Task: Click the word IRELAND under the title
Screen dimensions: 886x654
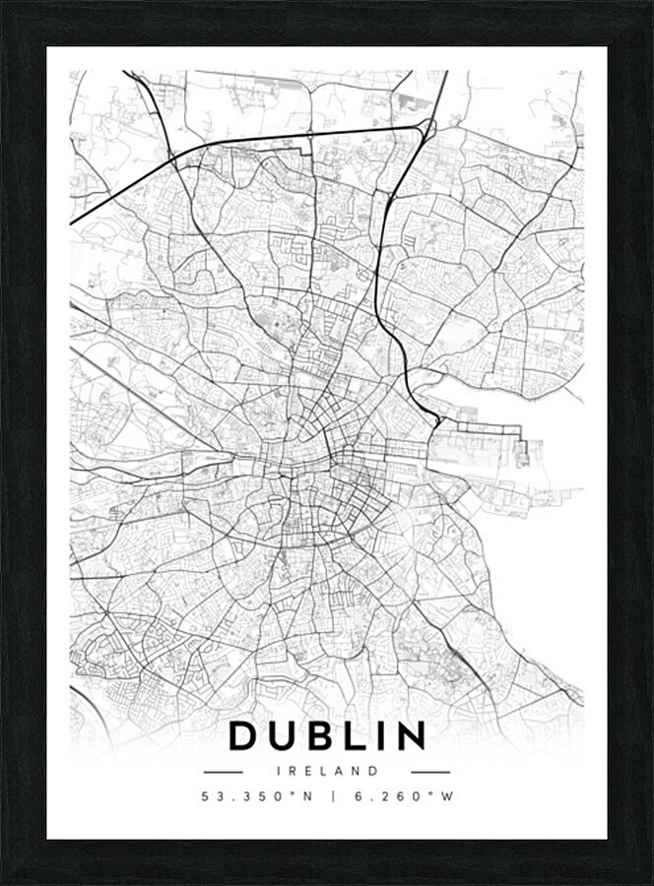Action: [327, 771]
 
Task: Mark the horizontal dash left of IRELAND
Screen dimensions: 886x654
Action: [223, 772]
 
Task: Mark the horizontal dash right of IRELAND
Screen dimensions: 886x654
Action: [430, 772]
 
